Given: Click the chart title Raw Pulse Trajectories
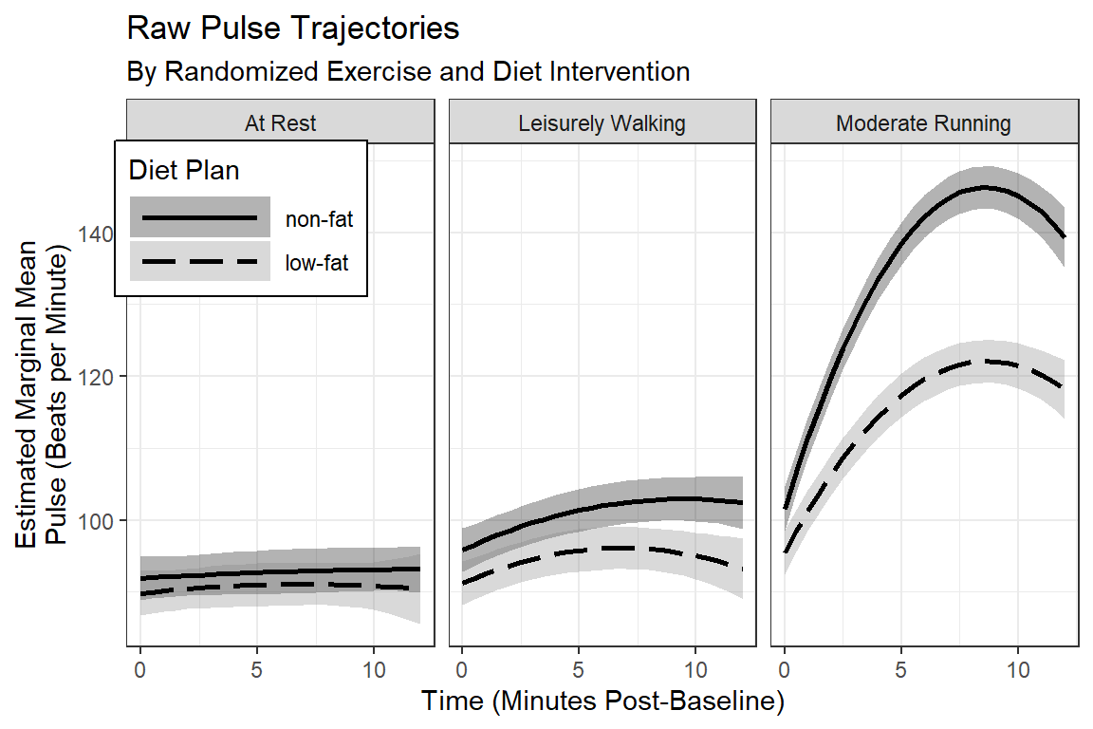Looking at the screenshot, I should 292,29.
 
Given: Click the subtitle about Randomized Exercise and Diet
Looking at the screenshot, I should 408,72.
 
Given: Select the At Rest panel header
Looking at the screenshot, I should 280,123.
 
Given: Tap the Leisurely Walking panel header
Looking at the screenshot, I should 602,123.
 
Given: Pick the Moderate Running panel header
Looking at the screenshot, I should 923,123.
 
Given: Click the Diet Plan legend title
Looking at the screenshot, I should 184,171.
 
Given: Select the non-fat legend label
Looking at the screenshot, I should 319,220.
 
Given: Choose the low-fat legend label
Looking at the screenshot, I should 317,263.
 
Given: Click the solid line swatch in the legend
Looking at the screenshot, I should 199,219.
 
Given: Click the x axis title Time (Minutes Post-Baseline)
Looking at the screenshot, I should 602,702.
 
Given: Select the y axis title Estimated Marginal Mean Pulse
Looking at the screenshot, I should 42,393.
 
